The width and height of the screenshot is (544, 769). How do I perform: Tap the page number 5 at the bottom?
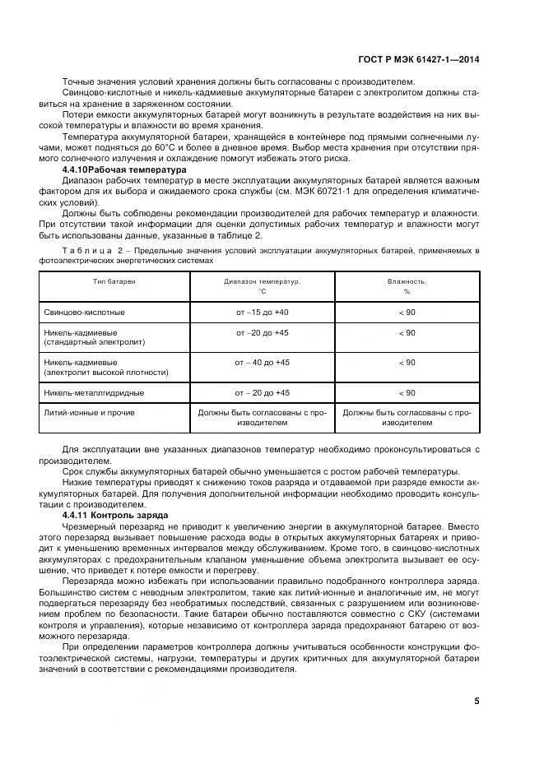point(477,701)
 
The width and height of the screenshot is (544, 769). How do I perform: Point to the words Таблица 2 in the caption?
point(89,249)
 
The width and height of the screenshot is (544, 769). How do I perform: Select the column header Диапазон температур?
point(262,281)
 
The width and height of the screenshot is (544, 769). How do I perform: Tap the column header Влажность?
point(407,281)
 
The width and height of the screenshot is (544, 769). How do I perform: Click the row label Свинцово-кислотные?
point(84,313)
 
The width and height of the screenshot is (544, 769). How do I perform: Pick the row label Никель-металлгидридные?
point(92,393)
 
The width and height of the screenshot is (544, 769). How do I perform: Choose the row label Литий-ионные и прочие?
point(89,413)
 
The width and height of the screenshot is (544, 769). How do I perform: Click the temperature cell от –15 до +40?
point(262,313)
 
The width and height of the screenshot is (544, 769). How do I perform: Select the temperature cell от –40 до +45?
point(262,362)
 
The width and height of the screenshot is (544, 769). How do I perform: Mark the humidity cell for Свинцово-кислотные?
point(407,313)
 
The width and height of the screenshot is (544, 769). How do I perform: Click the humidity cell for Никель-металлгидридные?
point(407,393)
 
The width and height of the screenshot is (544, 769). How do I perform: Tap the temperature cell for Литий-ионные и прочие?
point(262,418)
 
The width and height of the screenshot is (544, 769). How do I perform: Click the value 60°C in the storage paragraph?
point(170,147)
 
